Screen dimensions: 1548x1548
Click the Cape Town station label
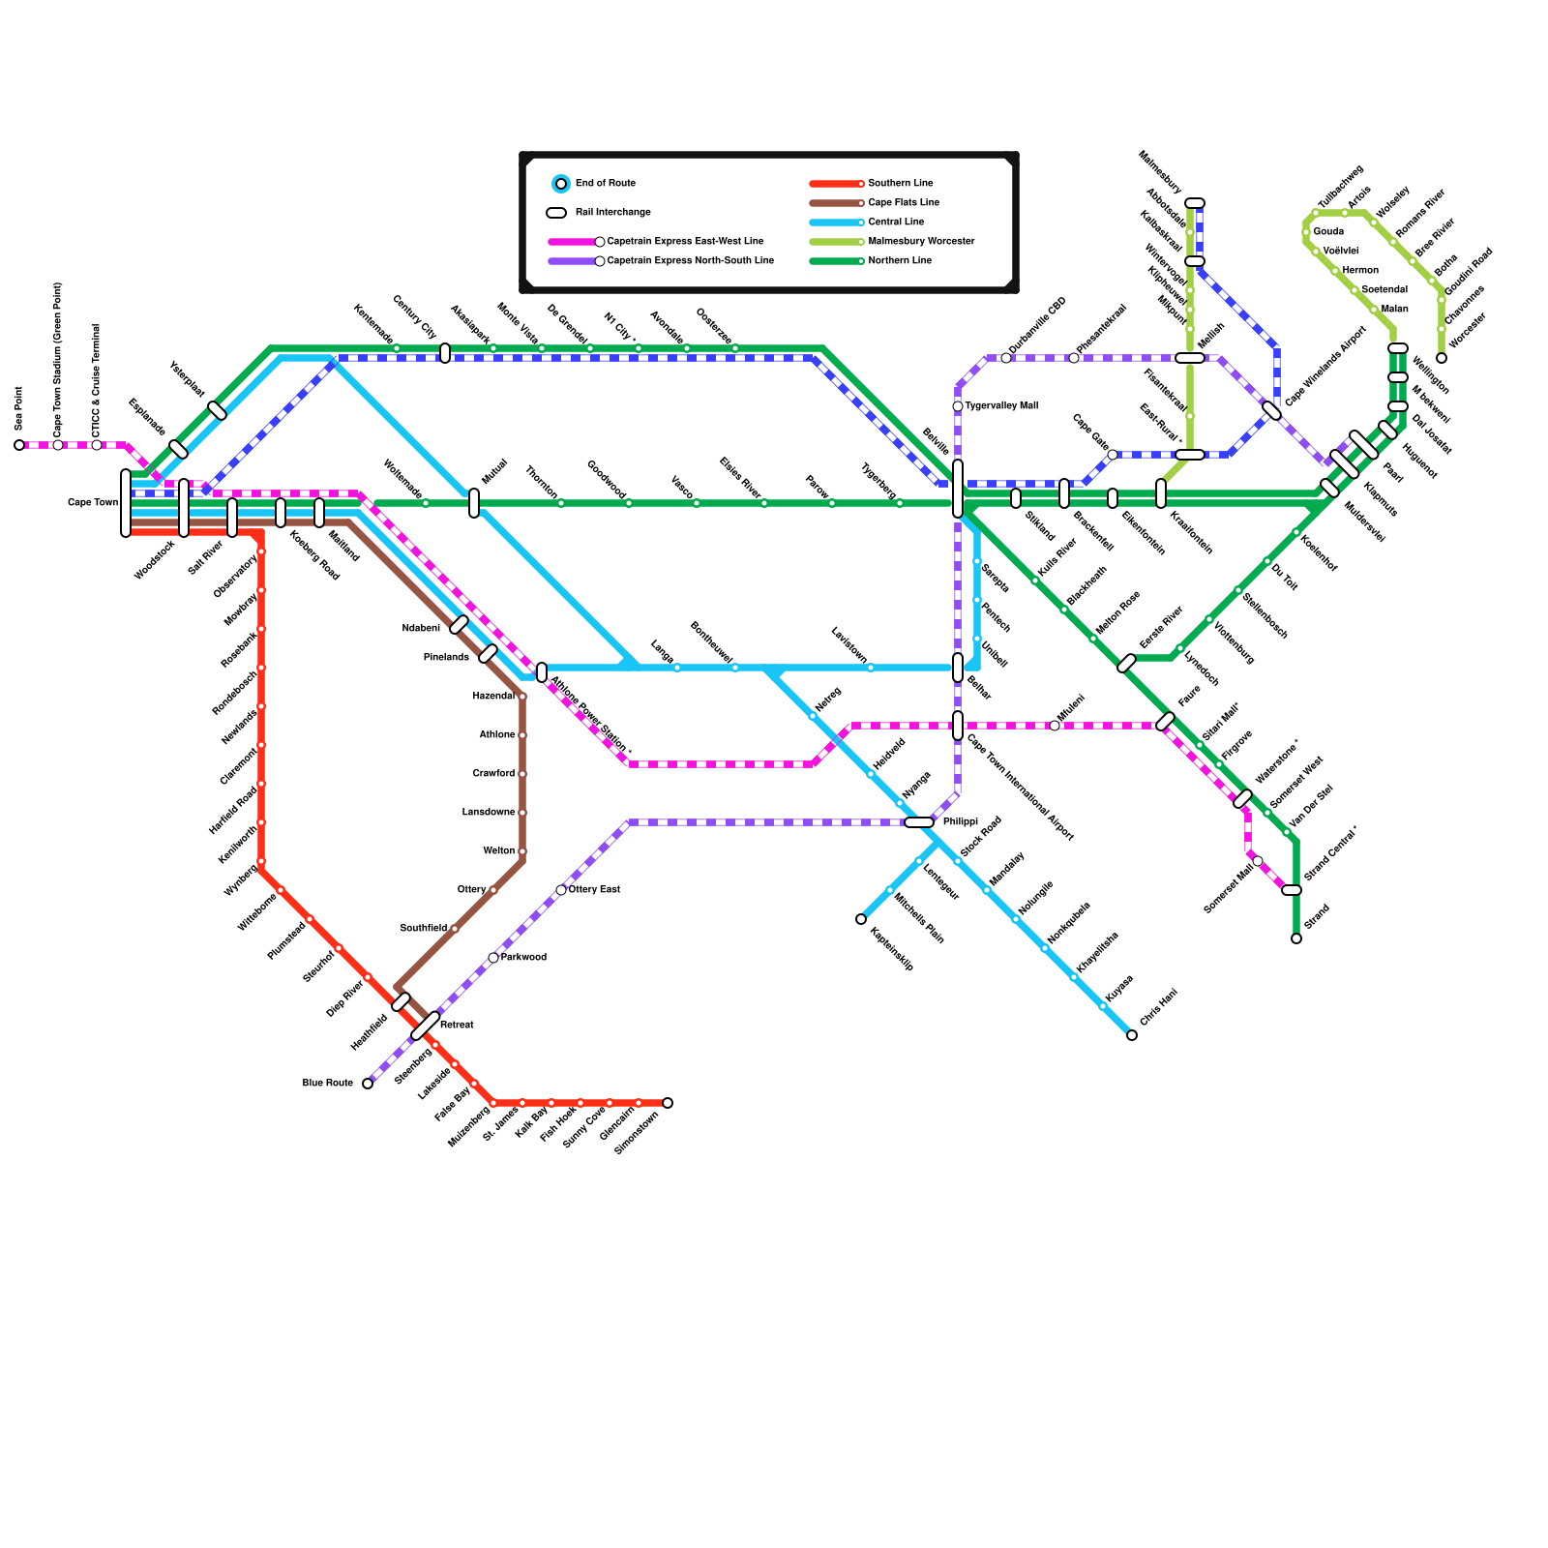point(93,503)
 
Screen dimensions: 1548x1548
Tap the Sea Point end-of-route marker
point(19,445)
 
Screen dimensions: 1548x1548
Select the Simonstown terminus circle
point(668,1103)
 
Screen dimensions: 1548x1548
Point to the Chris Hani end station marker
point(1132,1035)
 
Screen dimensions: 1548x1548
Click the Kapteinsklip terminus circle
point(861,919)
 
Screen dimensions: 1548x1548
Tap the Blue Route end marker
point(368,1084)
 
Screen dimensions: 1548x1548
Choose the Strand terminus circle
point(1296,938)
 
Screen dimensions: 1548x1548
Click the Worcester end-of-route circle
point(1442,358)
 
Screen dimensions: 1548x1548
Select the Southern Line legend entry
point(900,184)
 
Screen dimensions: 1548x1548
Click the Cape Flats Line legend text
point(904,203)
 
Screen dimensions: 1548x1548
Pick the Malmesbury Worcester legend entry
point(921,242)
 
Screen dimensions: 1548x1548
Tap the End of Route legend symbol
point(561,184)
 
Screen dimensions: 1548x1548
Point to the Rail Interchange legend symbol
point(556,213)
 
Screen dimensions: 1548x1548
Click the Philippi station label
point(961,822)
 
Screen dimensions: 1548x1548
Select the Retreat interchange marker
point(426,1026)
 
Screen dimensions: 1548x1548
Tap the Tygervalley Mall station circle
point(958,406)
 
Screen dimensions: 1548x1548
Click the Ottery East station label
point(594,890)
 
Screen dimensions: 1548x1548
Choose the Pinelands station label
point(446,658)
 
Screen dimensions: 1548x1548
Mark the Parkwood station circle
point(493,958)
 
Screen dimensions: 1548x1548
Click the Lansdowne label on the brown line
point(489,813)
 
